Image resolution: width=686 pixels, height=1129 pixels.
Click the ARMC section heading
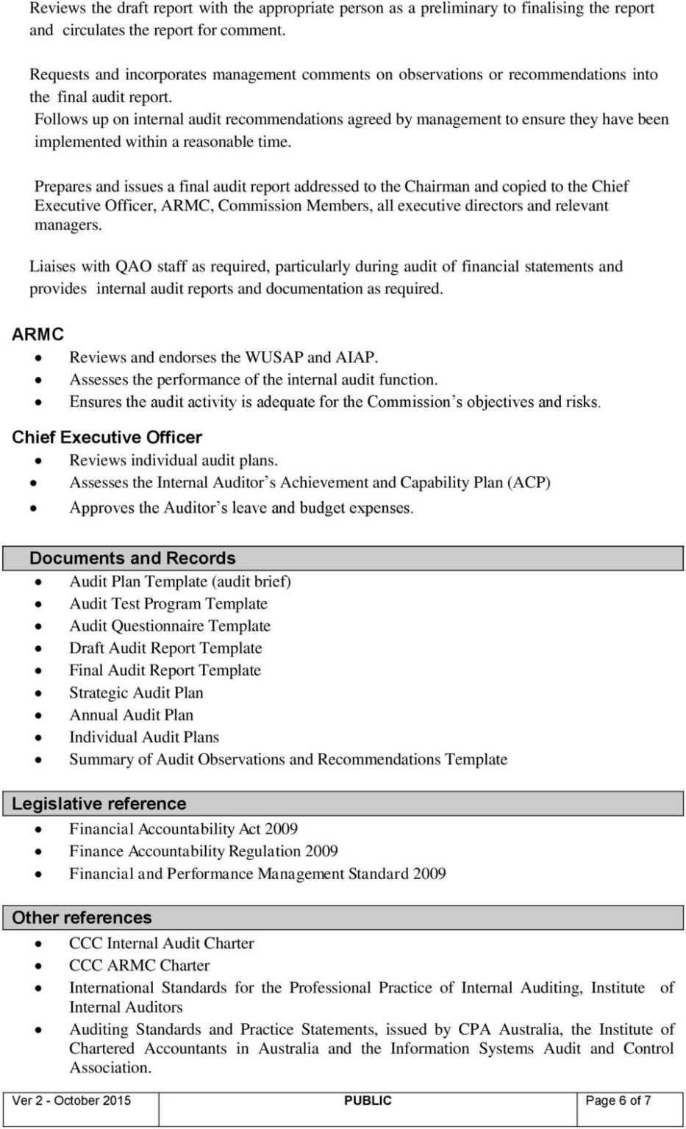(x=37, y=334)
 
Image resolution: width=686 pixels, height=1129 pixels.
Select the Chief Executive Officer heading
(x=107, y=437)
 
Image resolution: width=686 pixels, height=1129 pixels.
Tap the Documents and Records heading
(x=132, y=558)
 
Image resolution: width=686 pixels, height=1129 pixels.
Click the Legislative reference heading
(x=99, y=803)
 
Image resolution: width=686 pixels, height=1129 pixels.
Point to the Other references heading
(x=82, y=917)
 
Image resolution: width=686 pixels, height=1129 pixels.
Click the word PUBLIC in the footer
(x=368, y=1100)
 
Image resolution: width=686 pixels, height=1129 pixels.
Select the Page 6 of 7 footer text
(x=618, y=1100)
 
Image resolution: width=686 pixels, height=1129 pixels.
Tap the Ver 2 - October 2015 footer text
(x=71, y=1100)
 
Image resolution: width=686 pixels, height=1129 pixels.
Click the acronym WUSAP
(x=274, y=358)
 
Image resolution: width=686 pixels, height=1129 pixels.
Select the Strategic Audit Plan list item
(x=136, y=693)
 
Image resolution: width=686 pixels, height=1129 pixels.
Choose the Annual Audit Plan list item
(x=131, y=715)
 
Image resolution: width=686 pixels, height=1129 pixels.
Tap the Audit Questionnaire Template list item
(x=170, y=626)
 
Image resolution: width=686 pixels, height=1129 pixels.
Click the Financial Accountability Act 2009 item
(x=183, y=829)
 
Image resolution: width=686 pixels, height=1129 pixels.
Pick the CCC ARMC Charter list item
(x=139, y=966)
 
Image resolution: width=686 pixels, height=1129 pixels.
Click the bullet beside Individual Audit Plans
(x=38, y=738)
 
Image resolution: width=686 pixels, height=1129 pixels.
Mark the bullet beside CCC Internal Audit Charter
(x=38, y=945)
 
